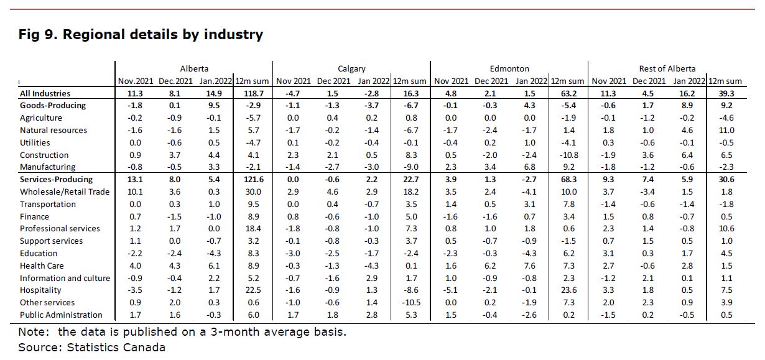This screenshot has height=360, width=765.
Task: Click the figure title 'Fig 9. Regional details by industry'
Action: [x=141, y=35]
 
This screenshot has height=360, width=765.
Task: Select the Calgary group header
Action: [x=351, y=69]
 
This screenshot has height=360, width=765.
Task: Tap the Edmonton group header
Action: [x=509, y=68]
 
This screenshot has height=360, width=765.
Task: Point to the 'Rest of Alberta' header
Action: [x=667, y=68]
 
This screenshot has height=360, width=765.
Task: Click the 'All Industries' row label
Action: [x=45, y=94]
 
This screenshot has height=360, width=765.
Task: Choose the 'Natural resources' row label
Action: [x=53, y=131]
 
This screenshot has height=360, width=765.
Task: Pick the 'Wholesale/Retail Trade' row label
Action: [x=65, y=192]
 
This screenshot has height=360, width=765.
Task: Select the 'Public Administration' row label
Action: [x=61, y=315]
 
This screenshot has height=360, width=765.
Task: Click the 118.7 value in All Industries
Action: [x=253, y=94]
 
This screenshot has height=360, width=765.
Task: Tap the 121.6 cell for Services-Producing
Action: [x=253, y=180]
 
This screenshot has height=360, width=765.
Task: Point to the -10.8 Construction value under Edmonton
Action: [x=568, y=155]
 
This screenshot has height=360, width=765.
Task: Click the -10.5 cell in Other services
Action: [x=411, y=303]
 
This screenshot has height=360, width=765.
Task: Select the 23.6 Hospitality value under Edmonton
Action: [x=568, y=290]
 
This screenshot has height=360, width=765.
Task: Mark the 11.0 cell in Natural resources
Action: [x=726, y=131]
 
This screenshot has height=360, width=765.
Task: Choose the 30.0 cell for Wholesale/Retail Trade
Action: [x=253, y=192]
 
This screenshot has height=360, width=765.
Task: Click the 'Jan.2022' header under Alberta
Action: [x=215, y=81]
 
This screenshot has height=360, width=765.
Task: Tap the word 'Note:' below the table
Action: [x=34, y=332]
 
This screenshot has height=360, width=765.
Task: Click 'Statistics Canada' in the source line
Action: [x=116, y=348]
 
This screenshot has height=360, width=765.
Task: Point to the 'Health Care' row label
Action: [x=42, y=265]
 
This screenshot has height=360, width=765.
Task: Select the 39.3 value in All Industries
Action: [x=726, y=94]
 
